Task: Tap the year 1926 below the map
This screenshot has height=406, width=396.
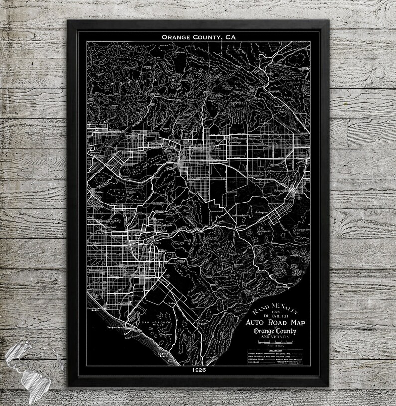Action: tap(198, 372)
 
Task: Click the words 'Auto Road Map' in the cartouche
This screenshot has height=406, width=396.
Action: tap(272, 322)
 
